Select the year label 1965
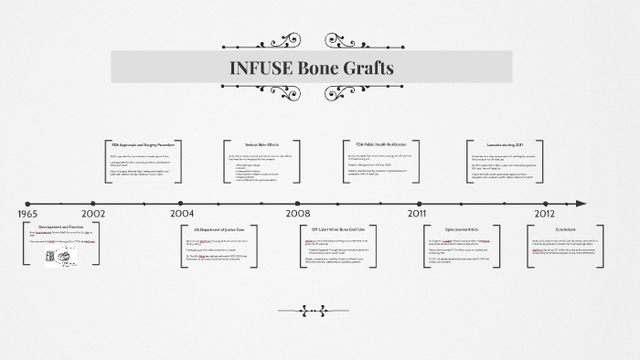coord(27,214)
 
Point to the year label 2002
coord(93,214)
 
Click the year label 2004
coord(182,214)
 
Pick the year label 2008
coord(298,214)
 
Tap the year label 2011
coord(416,214)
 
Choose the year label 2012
coord(544,214)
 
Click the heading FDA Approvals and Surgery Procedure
coord(144,144)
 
